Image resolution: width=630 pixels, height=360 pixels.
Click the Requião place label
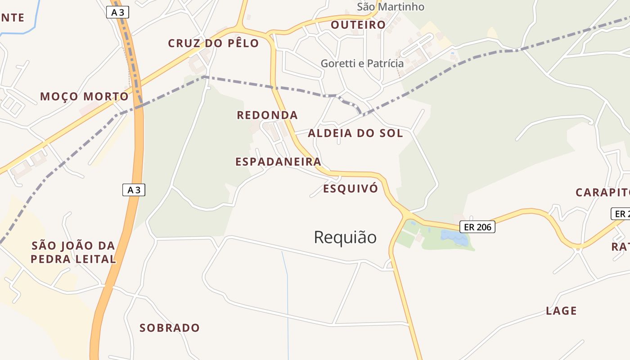point(345,237)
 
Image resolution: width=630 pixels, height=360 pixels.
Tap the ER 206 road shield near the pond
point(477,227)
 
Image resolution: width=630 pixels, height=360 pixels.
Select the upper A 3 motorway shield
point(118,13)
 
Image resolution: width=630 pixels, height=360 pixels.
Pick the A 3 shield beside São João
point(134,190)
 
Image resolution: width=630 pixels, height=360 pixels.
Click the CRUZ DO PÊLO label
point(213,43)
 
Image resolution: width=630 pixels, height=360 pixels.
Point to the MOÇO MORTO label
point(84,96)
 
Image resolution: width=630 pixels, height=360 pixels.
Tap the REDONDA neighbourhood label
point(267,115)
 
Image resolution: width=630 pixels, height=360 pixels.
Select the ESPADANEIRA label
point(278,162)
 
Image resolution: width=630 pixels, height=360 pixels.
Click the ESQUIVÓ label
point(351,189)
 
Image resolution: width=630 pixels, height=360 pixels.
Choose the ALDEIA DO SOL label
point(355,133)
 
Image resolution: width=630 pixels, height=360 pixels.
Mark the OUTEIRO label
point(358,25)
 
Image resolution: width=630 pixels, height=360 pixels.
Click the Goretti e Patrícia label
point(362,63)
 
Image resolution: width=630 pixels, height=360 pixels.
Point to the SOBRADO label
point(169,328)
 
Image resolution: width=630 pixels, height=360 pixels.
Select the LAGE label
point(561,310)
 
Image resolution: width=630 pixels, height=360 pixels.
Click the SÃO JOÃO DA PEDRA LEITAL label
point(74,252)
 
